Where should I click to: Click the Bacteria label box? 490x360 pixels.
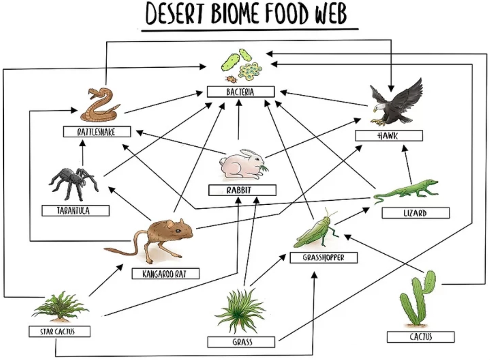[240, 92]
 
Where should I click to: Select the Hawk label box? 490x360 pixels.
[388, 136]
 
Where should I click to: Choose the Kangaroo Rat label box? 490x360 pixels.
[165, 274]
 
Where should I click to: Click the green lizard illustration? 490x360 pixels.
[407, 190]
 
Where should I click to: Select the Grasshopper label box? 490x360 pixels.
[323, 257]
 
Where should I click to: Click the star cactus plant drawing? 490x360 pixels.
[59, 307]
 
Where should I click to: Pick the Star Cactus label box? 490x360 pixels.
[59, 331]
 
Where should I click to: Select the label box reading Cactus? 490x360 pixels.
[420, 337]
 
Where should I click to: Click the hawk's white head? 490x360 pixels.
[380, 107]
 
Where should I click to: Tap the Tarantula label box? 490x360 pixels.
[75, 210]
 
